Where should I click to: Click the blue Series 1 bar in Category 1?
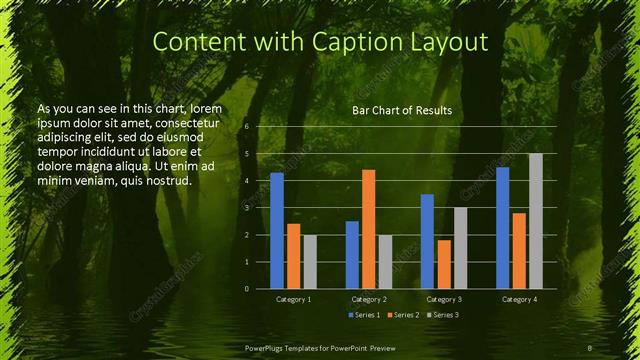pyautogui.click(x=277, y=231)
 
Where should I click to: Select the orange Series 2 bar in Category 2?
pyautogui.click(x=368, y=229)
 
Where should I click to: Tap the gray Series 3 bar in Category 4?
pyautogui.click(x=535, y=221)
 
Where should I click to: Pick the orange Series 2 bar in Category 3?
pyautogui.click(x=444, y=264)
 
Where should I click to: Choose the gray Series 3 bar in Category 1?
pyautogui.click(x=310, y=262)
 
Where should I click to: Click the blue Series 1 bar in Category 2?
pyautogui.click(x=352, y=255)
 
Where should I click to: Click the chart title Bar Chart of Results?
pyautogui.click(x=402, y=110)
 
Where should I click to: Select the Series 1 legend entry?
pyautogui.click(x=364, y=315)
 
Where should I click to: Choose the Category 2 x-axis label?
pyautogui.click(x=369, y=299)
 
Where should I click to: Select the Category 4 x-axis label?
pyautogui.click(x=518, y=299)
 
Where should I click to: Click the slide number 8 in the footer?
pyautogui.click(x=590, y=348)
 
